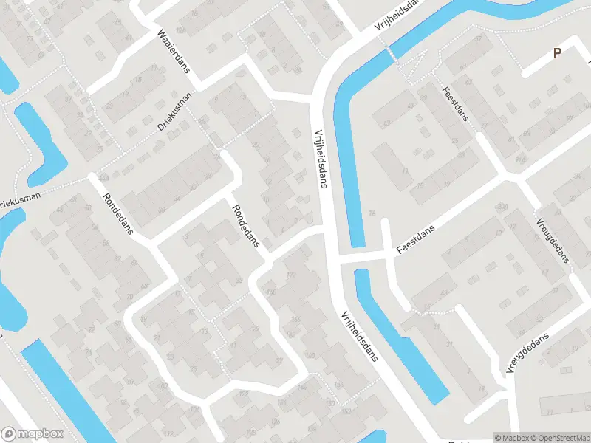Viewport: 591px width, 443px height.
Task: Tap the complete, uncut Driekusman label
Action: coord(174,112)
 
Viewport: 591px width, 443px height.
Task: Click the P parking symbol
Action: coord(558,52)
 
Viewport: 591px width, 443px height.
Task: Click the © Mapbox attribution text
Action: coord(512,438)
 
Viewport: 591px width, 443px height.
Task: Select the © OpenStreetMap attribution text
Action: coord(560,438)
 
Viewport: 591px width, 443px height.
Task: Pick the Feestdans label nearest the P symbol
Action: coord(455,114)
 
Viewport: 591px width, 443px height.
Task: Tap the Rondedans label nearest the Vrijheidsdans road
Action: coord(246,226)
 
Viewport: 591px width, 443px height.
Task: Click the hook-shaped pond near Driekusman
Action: coord(41,144)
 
